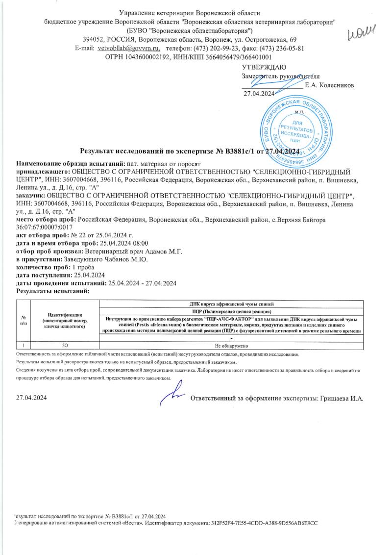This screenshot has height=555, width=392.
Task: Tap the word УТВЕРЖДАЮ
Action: [x=265, y=67]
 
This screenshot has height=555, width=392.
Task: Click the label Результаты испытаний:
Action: [x=52, y=291]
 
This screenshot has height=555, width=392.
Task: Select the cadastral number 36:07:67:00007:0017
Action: [x=45, y=228]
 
